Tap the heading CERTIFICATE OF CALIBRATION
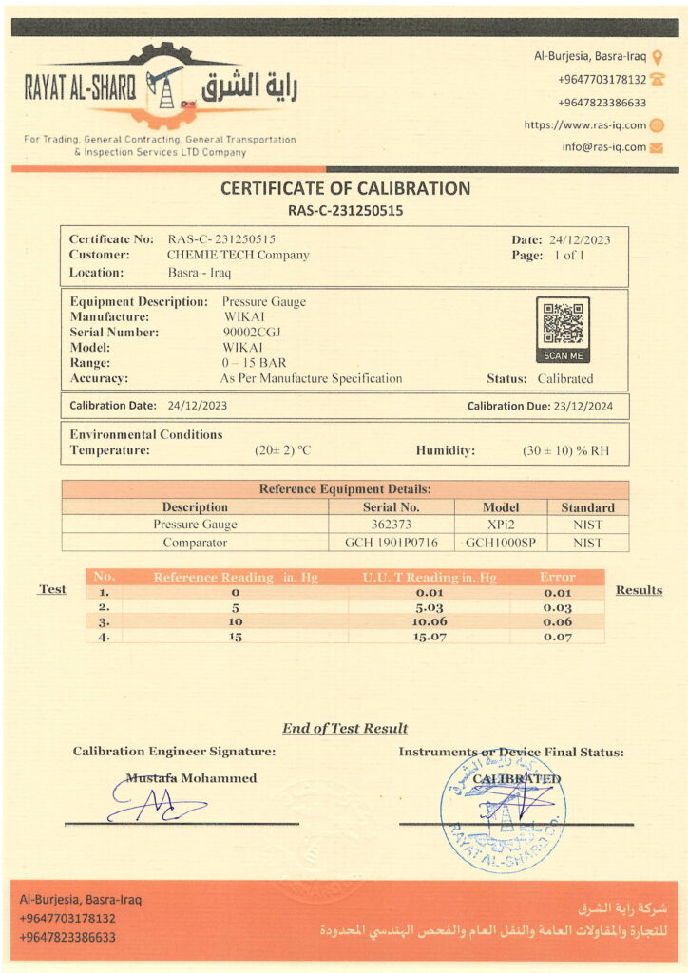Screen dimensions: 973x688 tap(345, 188)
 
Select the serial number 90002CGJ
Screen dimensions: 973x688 tap(252, 332)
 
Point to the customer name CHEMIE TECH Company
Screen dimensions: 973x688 tap(239, 255)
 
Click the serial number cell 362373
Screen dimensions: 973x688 tap(391, 525)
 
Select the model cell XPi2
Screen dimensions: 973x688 tap(501, 525)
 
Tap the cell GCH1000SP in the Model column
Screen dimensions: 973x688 tap(501, 543)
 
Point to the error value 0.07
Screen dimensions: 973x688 tap(557, 637)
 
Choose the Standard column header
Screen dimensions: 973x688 tap(587, 507)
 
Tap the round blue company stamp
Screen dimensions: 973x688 tap(503, 811)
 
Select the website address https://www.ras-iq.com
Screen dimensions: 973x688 tap(584, 125)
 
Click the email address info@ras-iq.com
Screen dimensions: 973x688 tap(603, 147)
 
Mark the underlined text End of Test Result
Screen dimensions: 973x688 tap(344, 729)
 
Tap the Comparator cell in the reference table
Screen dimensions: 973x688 tap(195, 543)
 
